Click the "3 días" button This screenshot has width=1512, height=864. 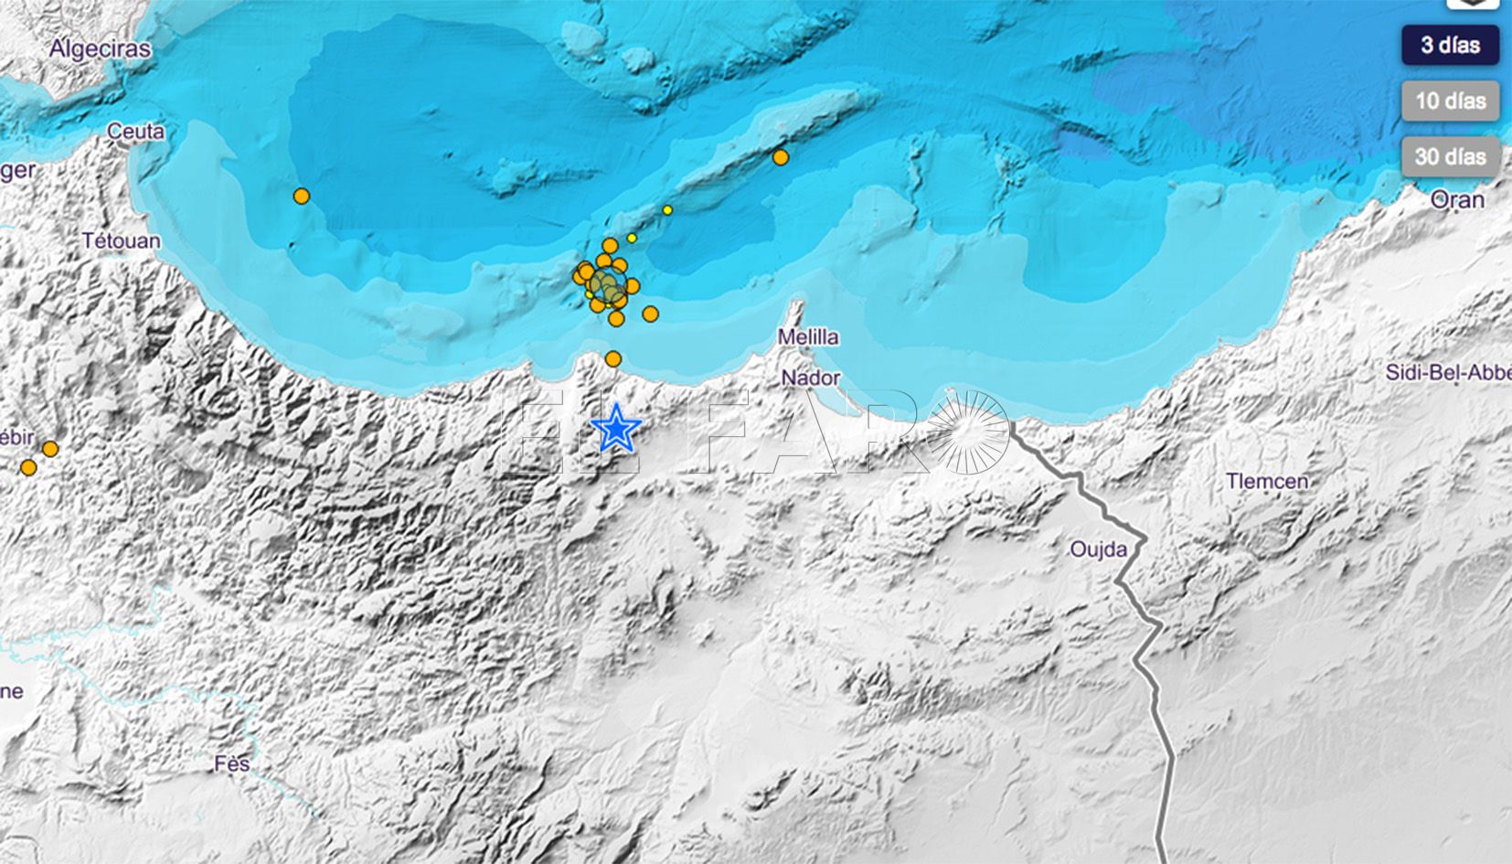click(1450, 45)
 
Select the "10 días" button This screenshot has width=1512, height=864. click(1450, 101)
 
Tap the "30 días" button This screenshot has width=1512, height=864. click(1450, 156)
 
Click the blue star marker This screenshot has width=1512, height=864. click(616, 428)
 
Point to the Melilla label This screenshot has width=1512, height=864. click(808, 337)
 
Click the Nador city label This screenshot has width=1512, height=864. click(810, 379)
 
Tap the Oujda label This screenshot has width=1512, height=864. click(1098, 549)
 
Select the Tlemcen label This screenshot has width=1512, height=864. click(1267, 481)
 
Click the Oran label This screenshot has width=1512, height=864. click(1457, 199)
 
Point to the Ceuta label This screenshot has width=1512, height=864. click(136, 132)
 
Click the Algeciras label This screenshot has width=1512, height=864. click(101, 49)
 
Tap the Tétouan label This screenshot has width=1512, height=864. click(121, 241)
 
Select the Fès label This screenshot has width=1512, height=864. click(232, 763)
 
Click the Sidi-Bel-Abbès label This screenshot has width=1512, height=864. click(1448, 372)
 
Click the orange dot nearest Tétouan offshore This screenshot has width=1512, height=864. click(302, 196)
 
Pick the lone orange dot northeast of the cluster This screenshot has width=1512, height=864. click(780, 157)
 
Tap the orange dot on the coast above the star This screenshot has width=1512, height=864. click(613, 359)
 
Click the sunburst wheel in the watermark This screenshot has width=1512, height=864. click(967, 432)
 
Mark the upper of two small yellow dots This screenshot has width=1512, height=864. click(667, 210)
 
